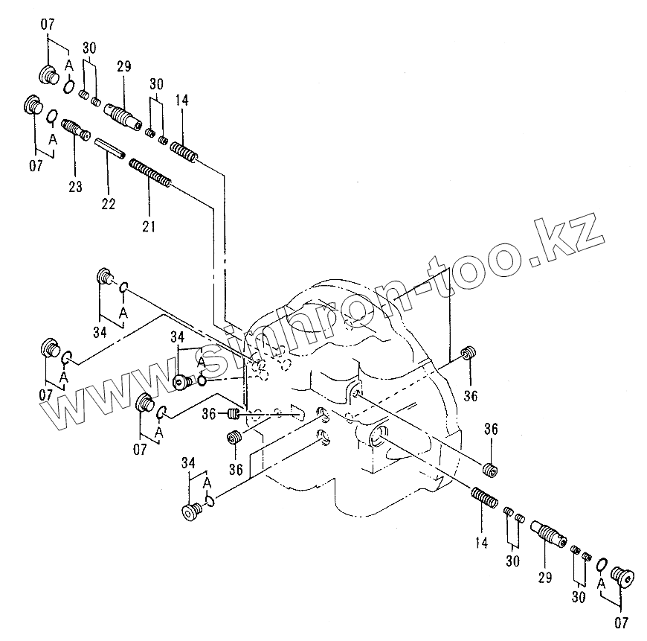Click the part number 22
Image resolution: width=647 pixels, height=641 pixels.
coord(109,204)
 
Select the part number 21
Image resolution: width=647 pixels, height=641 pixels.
coord(149,225)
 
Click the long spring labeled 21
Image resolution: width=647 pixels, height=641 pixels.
coord(150,173)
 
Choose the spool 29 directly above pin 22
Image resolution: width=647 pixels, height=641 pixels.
coord(123,116)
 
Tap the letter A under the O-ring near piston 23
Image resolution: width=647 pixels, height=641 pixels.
coord(53,139)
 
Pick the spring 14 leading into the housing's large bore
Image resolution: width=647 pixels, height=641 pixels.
coord(485,497)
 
